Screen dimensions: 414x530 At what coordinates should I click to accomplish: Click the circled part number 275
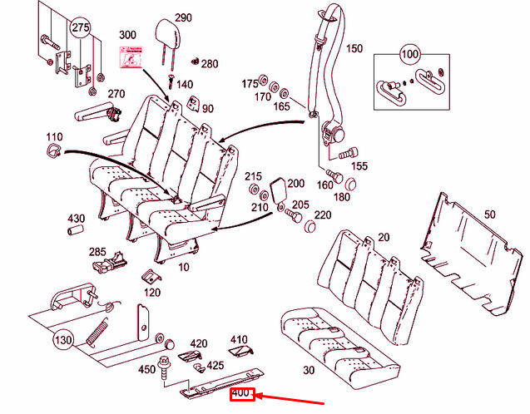(x=79, y=28)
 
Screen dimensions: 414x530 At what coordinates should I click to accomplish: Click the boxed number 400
(x=241, y=393)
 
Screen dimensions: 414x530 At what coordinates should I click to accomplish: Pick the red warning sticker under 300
(x=129, y=57)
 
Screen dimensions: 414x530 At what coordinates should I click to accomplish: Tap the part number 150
(x=354, y=49)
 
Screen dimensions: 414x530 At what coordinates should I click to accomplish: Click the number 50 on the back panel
(x=489, y=214)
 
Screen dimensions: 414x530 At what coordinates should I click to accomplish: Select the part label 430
(x=76, y=219)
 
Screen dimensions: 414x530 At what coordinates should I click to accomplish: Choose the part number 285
(x=97, y=252)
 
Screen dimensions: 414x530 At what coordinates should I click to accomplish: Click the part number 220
(x=323, y=215)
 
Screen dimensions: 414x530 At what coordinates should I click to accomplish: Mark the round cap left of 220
(x=310, y=226)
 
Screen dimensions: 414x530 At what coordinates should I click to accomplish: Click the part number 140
(x=184, y=85)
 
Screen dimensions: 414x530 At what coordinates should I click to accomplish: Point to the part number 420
(x=198, y=343)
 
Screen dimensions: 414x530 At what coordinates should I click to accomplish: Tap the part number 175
(x=250, y=84)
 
